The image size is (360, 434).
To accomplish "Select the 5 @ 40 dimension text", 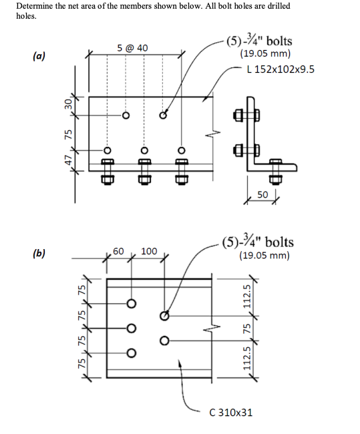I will coord(132,48).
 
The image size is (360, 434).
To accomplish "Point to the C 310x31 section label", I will coord(230,412).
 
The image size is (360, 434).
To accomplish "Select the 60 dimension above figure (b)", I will coord(119,251).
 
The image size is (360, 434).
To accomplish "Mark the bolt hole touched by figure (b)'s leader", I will coord(164,314).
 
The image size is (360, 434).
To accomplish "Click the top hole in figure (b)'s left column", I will coord(131,304).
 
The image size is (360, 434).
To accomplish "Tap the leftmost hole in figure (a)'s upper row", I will coord(124,115).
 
